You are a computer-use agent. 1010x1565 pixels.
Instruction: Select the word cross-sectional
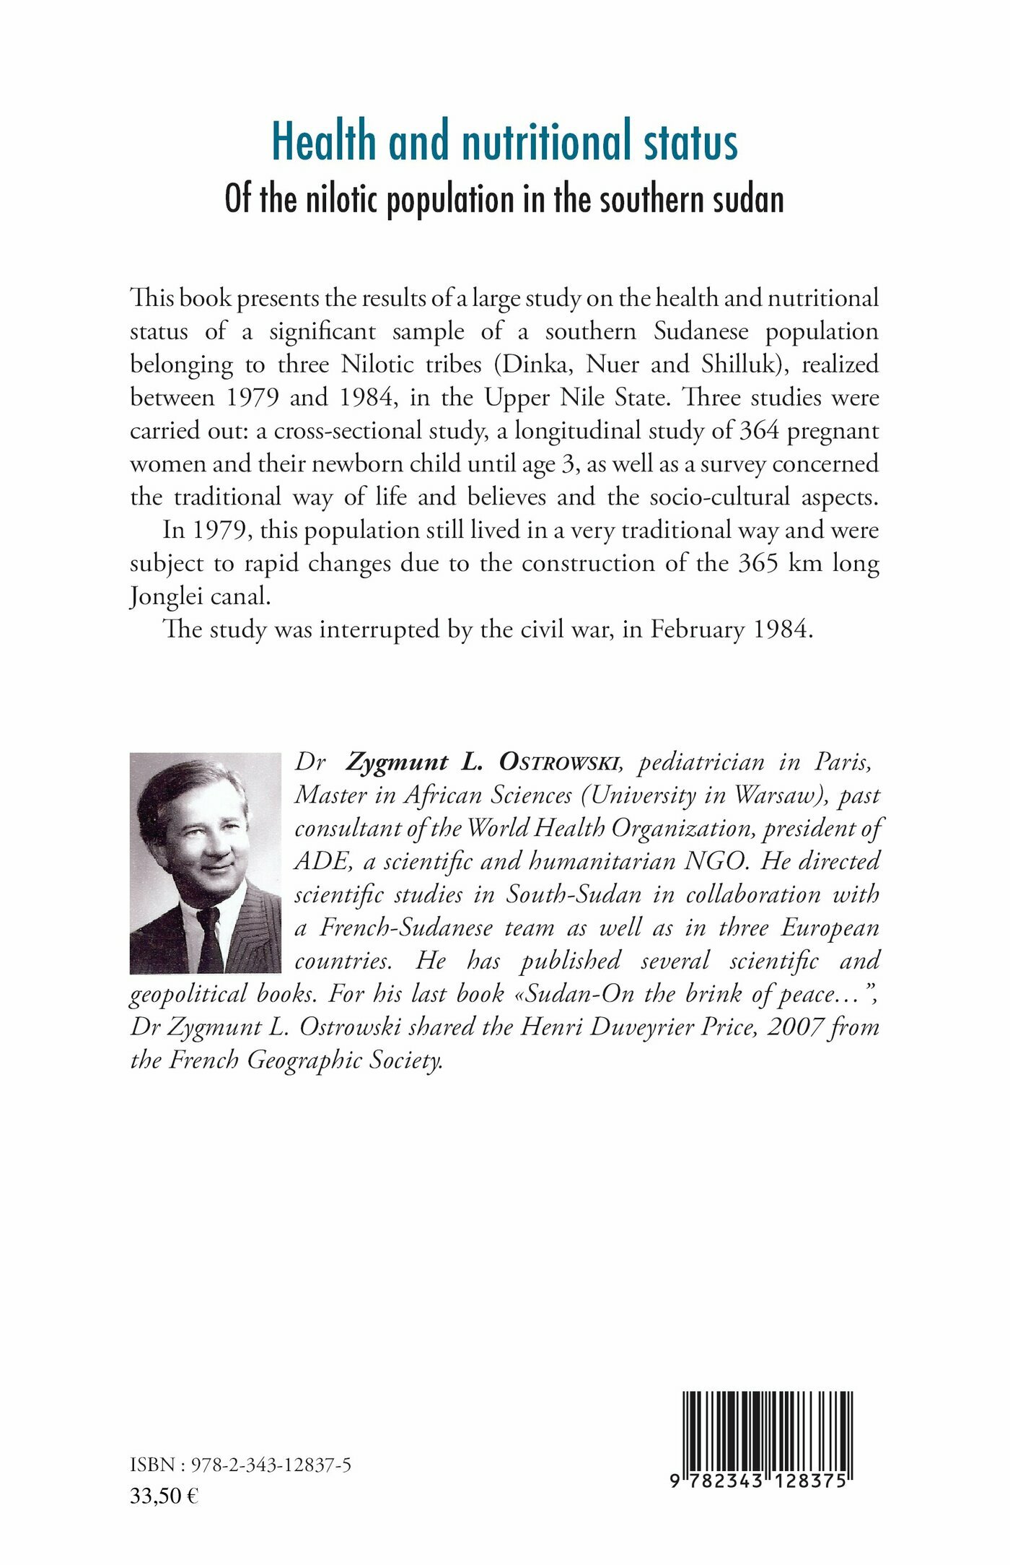click(351, 431)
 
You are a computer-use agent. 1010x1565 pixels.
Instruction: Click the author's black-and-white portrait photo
click(205, 863)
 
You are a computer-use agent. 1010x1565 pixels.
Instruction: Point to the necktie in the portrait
click(211, 938)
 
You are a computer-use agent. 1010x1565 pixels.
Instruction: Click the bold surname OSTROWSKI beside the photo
click(559, 762)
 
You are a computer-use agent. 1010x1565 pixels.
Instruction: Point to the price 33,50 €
click(164, 1496)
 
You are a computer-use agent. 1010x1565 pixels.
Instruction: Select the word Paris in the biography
click(843, 762)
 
